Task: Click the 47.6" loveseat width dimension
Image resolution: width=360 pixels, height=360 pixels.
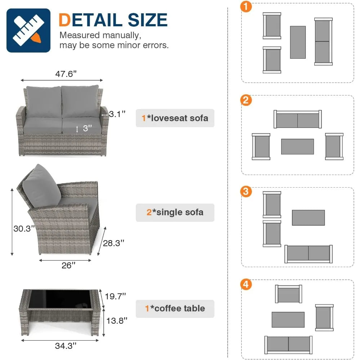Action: click(x=66, y=74)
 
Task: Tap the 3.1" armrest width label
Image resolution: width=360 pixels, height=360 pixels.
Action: click(x=117, y=114)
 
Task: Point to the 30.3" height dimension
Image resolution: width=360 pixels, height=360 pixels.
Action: click(x=24, y=229)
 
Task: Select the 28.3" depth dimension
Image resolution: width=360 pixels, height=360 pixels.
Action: click(x=113, y=243)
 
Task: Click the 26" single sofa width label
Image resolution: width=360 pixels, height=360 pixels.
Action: click(x=68, y=265)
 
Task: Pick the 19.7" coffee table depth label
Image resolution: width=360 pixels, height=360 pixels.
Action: click(x=115, y=296)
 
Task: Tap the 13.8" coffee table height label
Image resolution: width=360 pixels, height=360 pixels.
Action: click(x=117, y=320)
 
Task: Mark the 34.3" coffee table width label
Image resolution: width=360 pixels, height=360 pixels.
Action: click(x=66, y=346)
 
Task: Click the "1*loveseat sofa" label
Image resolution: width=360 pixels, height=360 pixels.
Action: click(x=175, y=118)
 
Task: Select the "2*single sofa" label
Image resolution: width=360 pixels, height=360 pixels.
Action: click(x=175, y=212)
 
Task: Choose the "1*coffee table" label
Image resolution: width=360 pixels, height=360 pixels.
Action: click(x=175, y=309)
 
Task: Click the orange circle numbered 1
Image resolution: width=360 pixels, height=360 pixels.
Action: click(x=246, y=6)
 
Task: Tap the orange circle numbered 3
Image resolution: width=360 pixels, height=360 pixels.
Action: click(x=246, y=192)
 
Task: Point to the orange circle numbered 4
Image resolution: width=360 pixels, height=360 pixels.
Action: click(x=246, y=284)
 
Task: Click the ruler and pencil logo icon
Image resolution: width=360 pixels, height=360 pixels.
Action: click(x=28, y=30)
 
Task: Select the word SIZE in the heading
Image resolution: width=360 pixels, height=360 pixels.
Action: click(x=147, y=20)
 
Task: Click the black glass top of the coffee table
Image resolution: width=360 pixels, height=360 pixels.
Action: click(x=60, y=298)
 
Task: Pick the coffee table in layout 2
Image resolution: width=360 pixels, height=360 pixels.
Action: click(x=297, y=147)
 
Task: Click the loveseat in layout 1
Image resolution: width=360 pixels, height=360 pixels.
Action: click(x=323, y=41)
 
